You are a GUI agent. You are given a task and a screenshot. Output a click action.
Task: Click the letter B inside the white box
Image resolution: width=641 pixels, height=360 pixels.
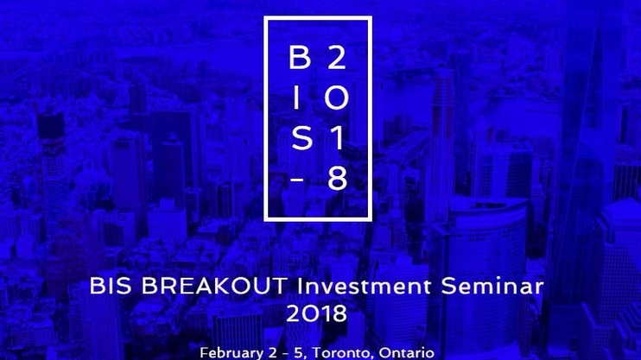click(x=300, y=57)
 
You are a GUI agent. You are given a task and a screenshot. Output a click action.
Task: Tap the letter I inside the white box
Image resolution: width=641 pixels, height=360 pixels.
click(x=297, y=98)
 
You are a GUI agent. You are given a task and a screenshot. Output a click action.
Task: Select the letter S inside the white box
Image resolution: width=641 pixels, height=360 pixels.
click(x=301, y=138)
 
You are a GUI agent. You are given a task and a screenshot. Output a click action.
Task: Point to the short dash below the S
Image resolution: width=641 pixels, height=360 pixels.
click(x=297, y=179)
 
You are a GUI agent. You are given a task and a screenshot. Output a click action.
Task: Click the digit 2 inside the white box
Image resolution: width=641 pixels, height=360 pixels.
click(x=336, y=57)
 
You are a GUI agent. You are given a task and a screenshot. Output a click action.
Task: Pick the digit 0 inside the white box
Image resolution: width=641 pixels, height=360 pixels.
click(x=336, y=98)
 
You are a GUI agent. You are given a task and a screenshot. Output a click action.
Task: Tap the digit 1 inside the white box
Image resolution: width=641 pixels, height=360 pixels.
click(x=337, y=138)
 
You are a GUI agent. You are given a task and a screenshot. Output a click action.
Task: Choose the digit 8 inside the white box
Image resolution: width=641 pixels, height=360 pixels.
click(x=337, y=178)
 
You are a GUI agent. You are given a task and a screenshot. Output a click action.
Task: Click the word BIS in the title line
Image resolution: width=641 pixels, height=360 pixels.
click(x=111, y=286)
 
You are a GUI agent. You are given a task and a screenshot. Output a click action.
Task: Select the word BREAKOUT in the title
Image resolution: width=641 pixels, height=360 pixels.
click(x=214, y=286)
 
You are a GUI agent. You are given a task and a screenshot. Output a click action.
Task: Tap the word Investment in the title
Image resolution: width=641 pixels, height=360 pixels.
click(x=364, y=286)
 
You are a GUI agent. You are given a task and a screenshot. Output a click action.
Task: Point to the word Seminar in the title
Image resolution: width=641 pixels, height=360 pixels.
click(x=492, y=286)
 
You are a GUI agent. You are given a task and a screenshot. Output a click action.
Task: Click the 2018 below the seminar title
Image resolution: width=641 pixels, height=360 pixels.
click(x=316, y=314)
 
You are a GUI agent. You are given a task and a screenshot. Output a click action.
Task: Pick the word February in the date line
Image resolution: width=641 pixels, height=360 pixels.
click(x=232, y=353)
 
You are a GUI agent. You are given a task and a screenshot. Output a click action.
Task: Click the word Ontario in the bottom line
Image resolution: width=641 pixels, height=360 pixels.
click(x=406, y=352)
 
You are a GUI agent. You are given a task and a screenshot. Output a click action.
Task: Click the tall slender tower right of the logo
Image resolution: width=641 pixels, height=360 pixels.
click(x=441, y=143)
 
